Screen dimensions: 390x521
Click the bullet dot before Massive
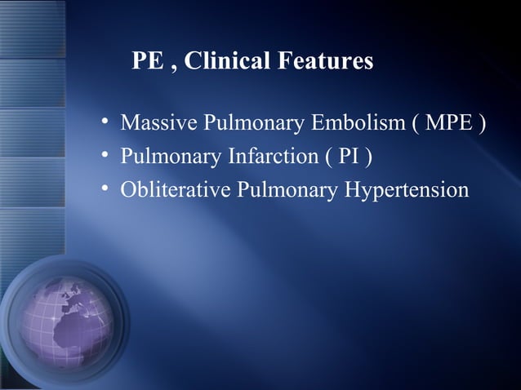[105, 124]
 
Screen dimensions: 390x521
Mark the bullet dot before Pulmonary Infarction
[105, 157]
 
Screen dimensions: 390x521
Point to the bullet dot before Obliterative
[105, 190]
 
